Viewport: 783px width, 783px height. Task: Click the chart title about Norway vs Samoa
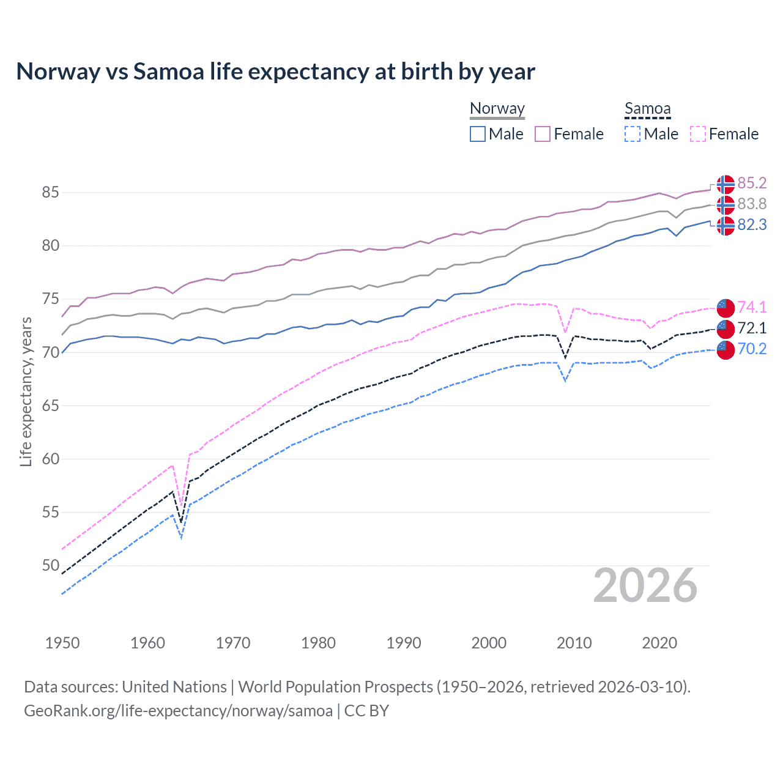tap(275, 72)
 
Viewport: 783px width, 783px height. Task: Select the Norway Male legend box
tap(478, 134)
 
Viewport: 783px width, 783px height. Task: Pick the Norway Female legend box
tap(543, 134)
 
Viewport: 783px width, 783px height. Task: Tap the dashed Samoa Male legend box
tap(633, 134)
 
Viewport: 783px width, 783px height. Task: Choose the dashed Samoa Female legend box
tap(698, 134)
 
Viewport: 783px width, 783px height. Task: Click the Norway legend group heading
tap(497, 109)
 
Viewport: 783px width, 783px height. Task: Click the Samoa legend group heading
tap(647, 109)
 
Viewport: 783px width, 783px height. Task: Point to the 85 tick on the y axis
tap(50, 193)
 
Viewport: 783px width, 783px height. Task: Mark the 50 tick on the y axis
tap(50, 565)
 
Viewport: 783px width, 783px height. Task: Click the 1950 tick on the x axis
tap(62, 643)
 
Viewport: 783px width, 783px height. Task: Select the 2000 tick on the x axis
tap(489, 643)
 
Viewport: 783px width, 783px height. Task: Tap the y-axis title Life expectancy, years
tap(26, 391)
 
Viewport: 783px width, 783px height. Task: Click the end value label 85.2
tap(752, 184)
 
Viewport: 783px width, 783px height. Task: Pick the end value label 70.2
tap(752, 349)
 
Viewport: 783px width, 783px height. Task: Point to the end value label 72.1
tap(752, 328)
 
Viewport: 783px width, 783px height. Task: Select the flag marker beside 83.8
tap(725, 204)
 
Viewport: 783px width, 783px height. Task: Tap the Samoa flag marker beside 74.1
tap(725, 307)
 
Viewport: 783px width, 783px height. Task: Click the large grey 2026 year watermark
tap(645, 585)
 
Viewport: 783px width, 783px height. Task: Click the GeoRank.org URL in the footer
tap(178, 711)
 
